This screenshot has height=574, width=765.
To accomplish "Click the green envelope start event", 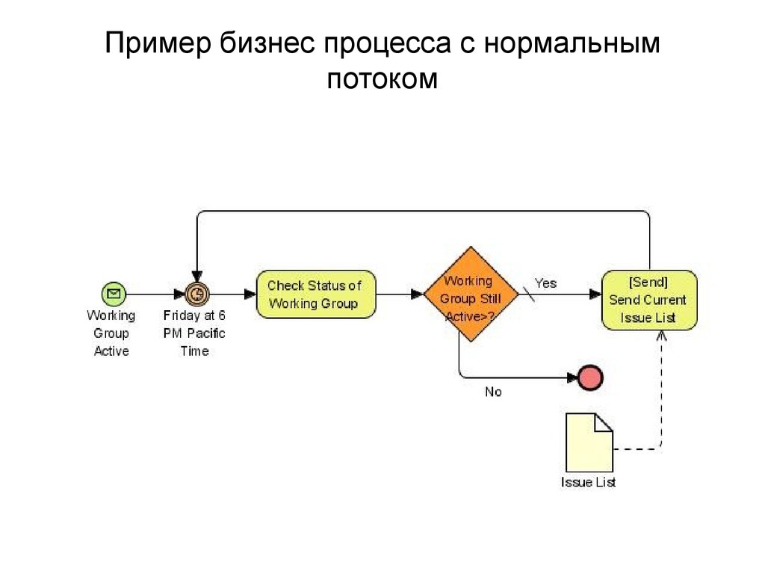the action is [114, 294].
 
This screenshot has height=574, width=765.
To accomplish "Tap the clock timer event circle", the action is [197, 294].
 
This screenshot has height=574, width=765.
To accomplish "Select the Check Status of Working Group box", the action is [316, 294].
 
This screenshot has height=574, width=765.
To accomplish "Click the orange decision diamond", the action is [471, 294].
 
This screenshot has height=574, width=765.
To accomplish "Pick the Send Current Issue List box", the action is [649, 300].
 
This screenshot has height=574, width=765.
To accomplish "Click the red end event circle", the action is [590, 377].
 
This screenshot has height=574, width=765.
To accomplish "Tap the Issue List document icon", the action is [589, 442].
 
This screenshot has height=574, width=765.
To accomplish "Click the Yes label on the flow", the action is [545, 283].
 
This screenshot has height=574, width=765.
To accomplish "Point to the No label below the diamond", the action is [493, 392].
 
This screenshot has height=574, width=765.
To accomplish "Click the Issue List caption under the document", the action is [589, 482].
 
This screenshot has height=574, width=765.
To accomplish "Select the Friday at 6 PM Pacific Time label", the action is [194, 333].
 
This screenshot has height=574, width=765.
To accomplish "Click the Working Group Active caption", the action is [111, 333].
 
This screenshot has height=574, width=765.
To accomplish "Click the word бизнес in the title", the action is [267, 43].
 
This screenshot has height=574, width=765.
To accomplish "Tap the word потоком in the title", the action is [382, 78].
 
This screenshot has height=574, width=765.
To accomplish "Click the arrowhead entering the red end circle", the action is [572, 377].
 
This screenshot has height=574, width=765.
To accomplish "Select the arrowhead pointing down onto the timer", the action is [197, 277].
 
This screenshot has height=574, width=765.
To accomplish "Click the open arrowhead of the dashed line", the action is [662, 336].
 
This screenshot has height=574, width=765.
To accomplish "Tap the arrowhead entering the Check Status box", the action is [250, 294].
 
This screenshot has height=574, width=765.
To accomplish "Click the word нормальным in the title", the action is [572, 43].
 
